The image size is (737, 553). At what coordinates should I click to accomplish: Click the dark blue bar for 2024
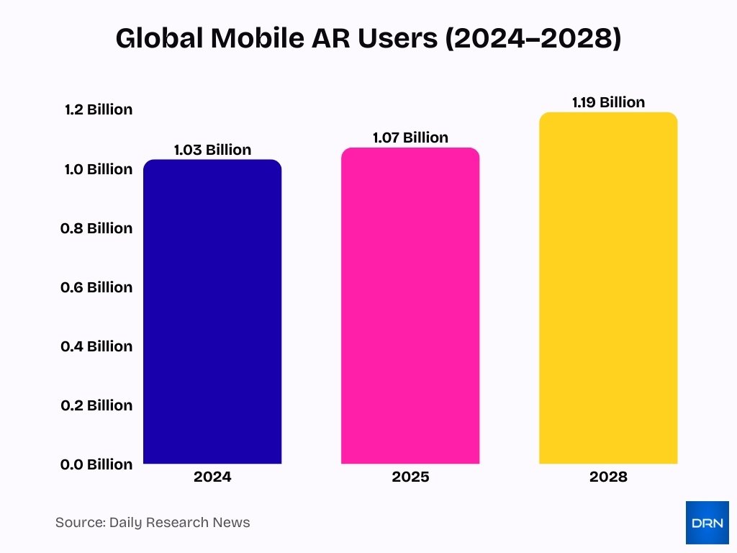pyautogui.click(x=212, y=312)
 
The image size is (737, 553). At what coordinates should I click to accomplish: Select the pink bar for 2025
pyautogui.click(x=410, y=306)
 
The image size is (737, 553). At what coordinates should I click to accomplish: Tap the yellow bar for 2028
pyautogui.click(x=608, y=288)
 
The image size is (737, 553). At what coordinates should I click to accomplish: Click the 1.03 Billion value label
pyautogui.click(x=212, y=150)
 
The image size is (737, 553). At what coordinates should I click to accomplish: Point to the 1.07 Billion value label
pyautogui.click(x=410, y=138)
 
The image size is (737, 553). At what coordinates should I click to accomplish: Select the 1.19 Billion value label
pyautogui.click(x=608, y=102)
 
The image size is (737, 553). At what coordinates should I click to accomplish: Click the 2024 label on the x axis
pyautogui.click(x=212, y=477)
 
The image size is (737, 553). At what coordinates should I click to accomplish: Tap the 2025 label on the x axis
pyautogui.click(x=410, y=477)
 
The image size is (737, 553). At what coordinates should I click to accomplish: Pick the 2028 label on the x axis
pyautogui.click(x=608, y=477)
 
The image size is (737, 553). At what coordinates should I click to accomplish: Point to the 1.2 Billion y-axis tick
pyautogui.click(x=99, y=109)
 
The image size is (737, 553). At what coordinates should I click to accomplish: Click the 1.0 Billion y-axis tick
pyautogui.click(x=99, y=169)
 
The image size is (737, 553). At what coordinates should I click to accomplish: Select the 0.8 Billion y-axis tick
pyautogui.click(x=99, y=228)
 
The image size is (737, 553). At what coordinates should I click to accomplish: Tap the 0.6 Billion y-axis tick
pyautogui.click(x=99, y=287)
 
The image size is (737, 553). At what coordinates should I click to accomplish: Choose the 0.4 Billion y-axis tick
pyautogui.click(x=99, y=346)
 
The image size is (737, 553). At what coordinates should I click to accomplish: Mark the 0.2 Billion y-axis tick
pyautogui.click(x=99, y=405)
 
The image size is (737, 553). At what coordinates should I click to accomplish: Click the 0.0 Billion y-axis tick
pyautogui.click(x=99, y=464)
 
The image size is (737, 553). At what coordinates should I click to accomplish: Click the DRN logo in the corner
pyautogui.click(x=707, y=522)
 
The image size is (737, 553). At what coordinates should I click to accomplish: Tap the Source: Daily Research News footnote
pyautogui.click(x=153, y=523)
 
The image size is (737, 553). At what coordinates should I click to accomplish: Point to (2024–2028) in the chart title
pyautogui.click(x=533, y=40)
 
